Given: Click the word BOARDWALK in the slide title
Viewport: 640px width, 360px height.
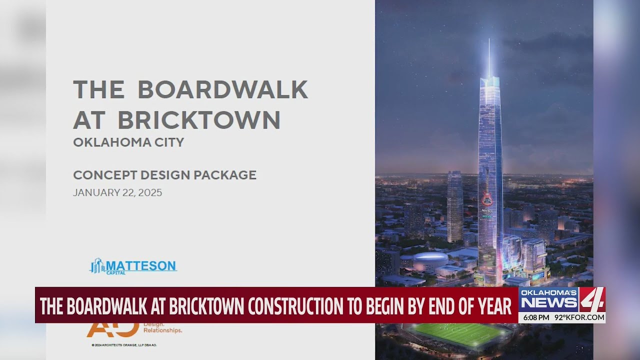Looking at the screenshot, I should click(222, 89).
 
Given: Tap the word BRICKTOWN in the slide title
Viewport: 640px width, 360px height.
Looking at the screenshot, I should click(199, 120).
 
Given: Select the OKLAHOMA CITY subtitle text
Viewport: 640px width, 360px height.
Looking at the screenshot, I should click(128, 142).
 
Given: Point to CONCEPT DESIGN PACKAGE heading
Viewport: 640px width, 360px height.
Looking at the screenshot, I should click(164, 175).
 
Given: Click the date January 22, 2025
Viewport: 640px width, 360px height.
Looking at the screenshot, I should click(117, 192).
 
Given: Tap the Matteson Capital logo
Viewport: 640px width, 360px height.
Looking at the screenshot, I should click(133, 266).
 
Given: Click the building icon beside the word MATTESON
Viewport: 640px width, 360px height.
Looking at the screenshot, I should click(97, 266).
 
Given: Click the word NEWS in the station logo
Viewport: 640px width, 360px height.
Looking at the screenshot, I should click(548, 302).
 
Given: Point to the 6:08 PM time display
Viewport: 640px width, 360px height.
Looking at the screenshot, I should click(536, 317).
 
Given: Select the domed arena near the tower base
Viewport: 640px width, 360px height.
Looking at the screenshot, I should click(430, 259).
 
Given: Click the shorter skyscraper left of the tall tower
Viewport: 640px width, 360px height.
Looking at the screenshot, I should click(454, 205).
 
